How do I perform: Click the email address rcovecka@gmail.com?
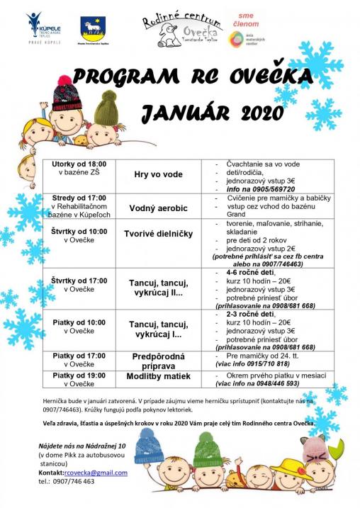coord(95,473)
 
